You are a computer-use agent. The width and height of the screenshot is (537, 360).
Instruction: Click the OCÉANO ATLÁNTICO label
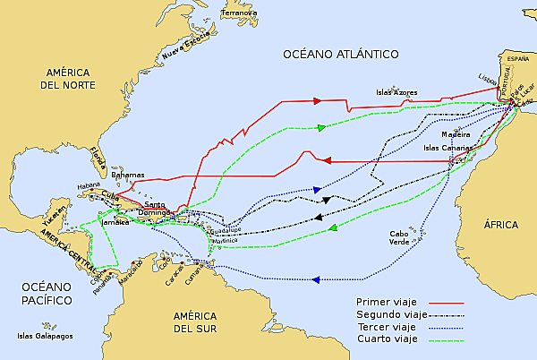(341, 55)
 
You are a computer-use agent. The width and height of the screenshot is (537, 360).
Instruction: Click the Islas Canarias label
(443, 148)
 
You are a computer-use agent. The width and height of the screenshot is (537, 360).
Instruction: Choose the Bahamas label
(127, 174)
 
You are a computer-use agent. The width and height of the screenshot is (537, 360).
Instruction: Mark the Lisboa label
(488, 81)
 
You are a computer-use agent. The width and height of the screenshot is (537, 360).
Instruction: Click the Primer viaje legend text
(386, 302)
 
